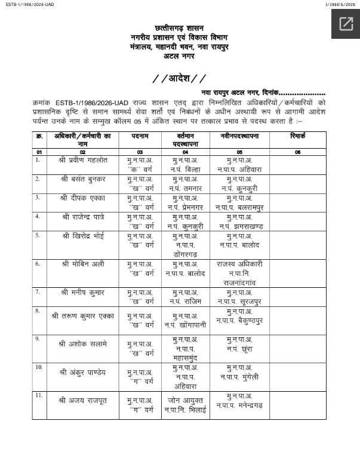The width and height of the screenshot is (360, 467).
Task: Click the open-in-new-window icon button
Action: (346, 24)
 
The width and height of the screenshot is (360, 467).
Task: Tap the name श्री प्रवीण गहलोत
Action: (82, 161)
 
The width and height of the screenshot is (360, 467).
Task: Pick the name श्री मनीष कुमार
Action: (82, 292)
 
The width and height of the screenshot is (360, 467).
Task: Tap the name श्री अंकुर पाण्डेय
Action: (82, 372)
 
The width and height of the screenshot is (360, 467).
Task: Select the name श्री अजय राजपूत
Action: (82, 398)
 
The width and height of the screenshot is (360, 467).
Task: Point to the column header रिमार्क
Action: (297, 137)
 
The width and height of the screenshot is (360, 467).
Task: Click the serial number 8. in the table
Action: (38, 311)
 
